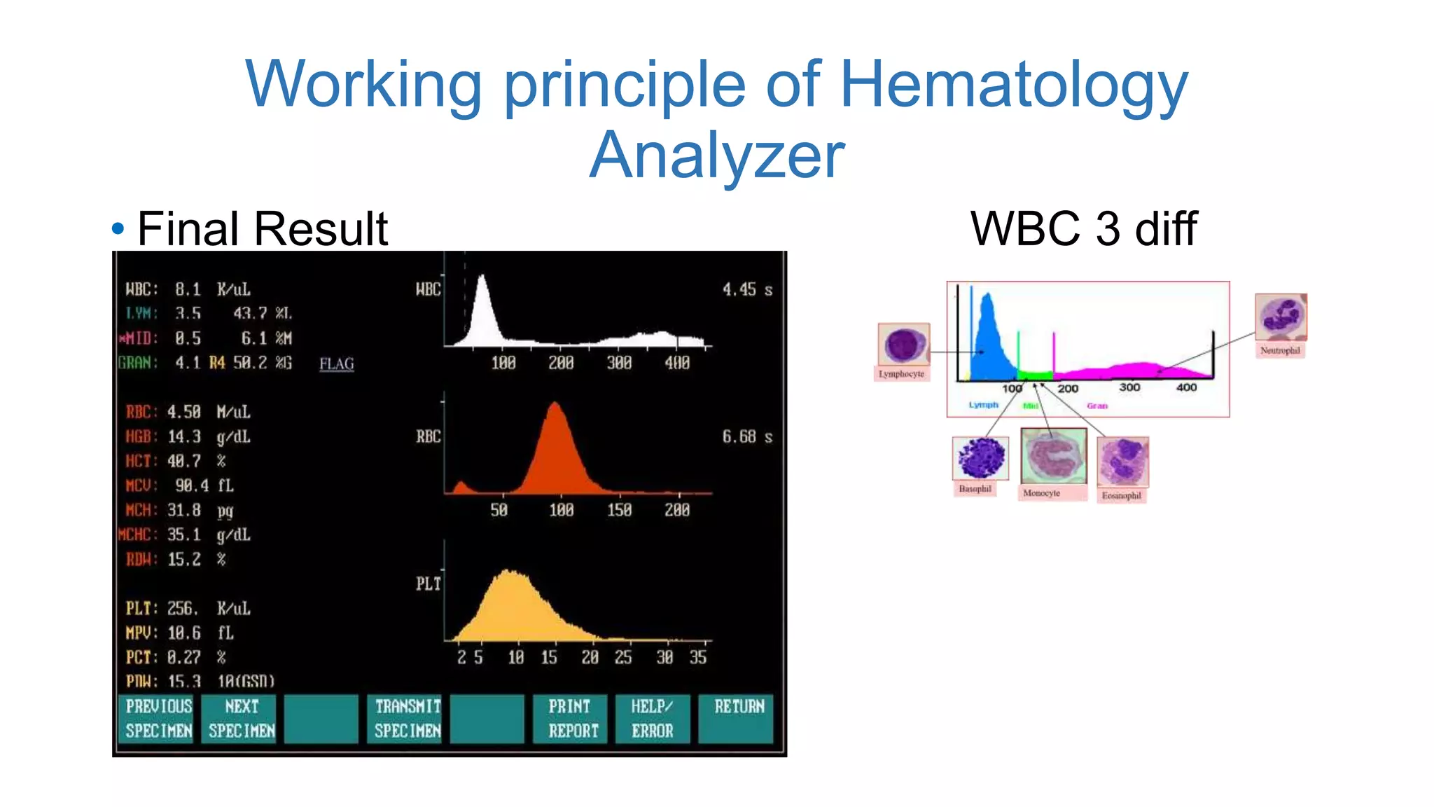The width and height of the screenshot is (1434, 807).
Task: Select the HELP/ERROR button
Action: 653,718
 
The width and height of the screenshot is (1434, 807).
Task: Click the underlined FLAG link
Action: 337,364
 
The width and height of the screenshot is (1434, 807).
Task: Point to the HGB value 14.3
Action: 184,437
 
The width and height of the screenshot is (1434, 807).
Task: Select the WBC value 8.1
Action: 188,289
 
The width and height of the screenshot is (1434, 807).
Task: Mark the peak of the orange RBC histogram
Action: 555,405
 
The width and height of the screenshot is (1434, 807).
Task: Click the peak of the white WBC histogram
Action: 482,277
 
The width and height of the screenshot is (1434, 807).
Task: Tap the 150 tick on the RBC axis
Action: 619,510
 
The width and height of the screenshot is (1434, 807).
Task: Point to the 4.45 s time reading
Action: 746,289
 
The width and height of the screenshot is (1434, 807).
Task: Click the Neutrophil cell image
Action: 1281,317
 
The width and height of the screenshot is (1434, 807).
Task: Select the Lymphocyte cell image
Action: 903,345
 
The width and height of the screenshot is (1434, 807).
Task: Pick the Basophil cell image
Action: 981,458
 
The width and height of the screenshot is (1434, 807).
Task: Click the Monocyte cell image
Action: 1053,456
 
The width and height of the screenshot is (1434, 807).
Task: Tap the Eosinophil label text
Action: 1121,496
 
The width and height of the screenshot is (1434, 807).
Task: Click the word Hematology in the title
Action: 1013,84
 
